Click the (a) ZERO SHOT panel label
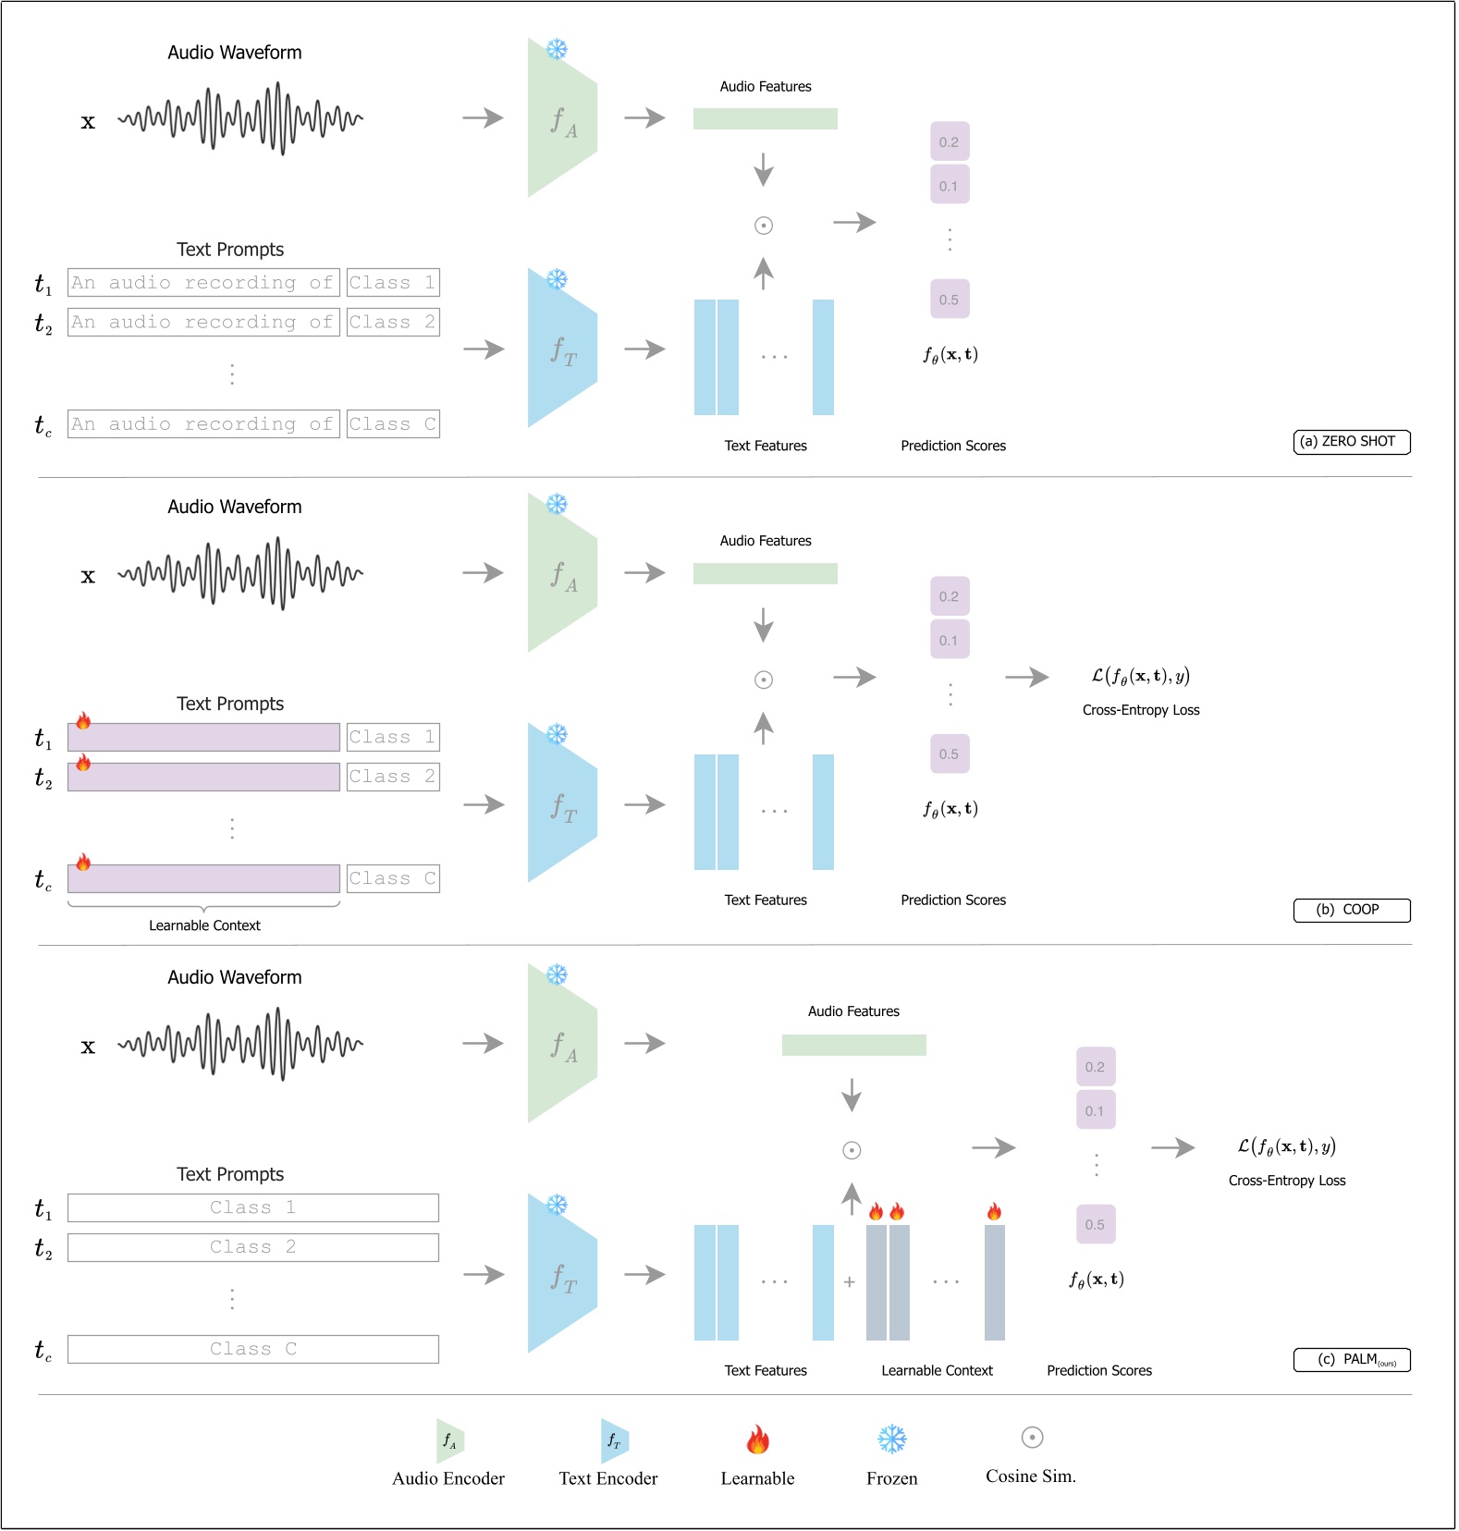click(1351, 442)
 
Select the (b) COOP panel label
click(1351, 910)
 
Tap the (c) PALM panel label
click(1351, 1360)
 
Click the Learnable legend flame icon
click(757, 1439)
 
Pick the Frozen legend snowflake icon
click(891, 1439)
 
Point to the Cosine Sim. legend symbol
click(1032, 1438)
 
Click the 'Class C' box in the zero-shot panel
click(393, 424)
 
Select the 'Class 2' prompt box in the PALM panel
click(252, 1247)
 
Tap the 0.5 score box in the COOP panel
click(950, 754)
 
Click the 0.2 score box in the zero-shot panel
click(950, 142)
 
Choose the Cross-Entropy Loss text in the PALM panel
click(1286, 1181)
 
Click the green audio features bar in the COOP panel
click(765, 574)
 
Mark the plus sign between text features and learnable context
click(849, 1282)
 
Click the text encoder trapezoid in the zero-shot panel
click(560, 349)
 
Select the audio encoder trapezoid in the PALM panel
click(560, 1044)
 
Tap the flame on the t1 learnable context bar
click(83, 721)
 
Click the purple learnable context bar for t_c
click(203, 878)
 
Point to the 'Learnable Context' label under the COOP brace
click(204, 925)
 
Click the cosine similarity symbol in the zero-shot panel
click(764, 226)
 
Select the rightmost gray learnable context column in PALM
click(994, 1282)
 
